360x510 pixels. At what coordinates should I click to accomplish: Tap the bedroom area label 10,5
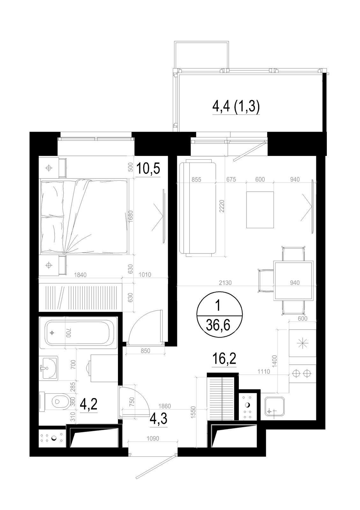tap(148, 169)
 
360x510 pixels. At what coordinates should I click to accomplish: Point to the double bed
tap(84, 216)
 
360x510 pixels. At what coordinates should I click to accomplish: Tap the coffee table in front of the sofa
tap(260, 210)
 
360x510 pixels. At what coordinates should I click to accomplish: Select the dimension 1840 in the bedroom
tap(80, 275)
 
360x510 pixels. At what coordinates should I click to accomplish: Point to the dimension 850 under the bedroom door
tap(145, 351)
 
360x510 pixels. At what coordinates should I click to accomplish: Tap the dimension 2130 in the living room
tap(225, 283)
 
